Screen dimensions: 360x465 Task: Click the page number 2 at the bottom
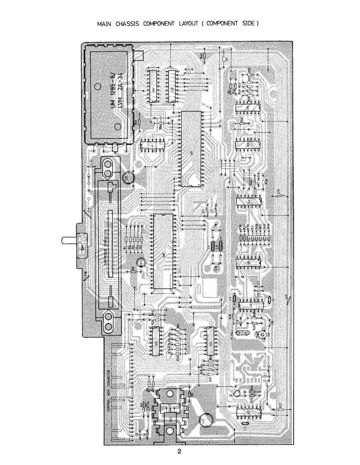click(x=179, y=451)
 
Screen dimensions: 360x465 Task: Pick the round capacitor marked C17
click(x=206, y=420)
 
